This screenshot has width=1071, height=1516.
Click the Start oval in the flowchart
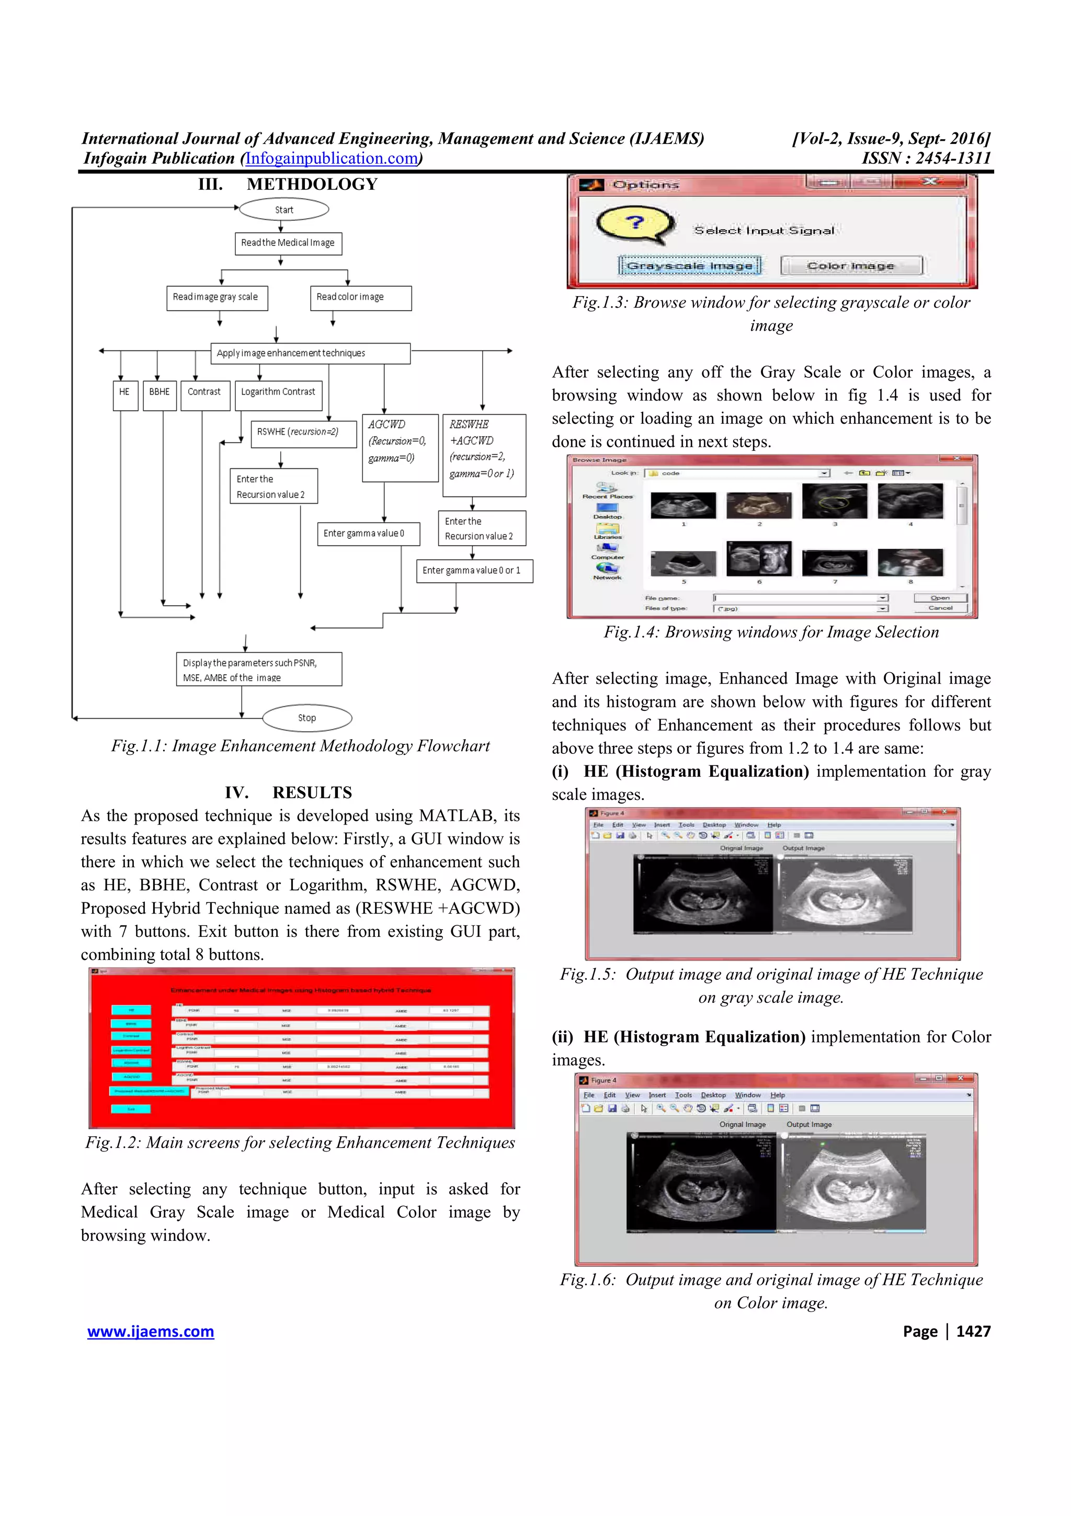(284, 209)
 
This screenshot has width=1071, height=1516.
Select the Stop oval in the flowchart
(307, 718)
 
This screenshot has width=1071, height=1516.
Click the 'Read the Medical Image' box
(288, 243)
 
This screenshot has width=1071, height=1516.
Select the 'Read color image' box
(360, 297)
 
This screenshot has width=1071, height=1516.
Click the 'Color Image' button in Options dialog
(851, 265)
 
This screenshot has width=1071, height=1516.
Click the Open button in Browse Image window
(940, 597)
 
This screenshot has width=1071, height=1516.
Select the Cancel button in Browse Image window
(940, 608)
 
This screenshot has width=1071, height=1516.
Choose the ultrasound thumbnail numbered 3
(834, 501)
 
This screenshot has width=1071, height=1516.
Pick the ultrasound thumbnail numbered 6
(759, 559)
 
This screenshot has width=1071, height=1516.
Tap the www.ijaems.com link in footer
(151, 1331)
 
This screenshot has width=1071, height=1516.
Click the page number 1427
(973, 1331)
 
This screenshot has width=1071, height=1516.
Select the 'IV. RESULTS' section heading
(288, 793)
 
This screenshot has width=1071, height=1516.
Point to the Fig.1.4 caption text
(771, 632)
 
